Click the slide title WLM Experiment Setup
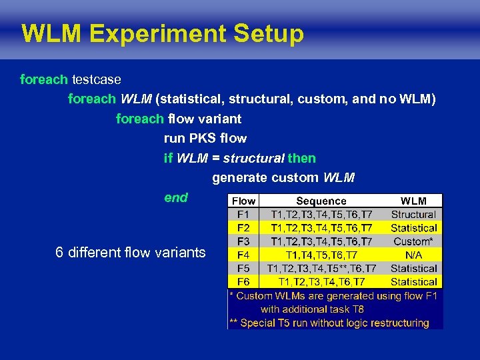pyautogui.click(x=162, y=33)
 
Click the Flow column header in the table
pyautogui.click(x=243, y=201)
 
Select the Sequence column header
pyautogui.click(x=321, y=201)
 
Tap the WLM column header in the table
pyautogui.click(x=413, y=201)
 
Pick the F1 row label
pyautogui.click(x=243, y=215)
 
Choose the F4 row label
pyautogui.click(x=243, y=255)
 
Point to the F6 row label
pyautogui.click(x=243, y=282)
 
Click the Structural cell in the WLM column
pyautogui.click(x=413, y=215)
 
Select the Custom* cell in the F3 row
pyautogui.click(x=413, y=241)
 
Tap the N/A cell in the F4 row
pyautogui.click(x=413, y=255)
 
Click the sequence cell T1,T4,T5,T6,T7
pyautogui.click(x=321, y=255)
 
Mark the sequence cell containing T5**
pyautogui.click(x=321, y=269)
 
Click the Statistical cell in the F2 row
pyautogui.click(x=413, y=228)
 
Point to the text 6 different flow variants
pyautogui.click(x=131, y=253)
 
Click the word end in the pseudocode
pyautogui.click(x=176, y=197)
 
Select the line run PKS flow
pyautogui.click(x=205, y=139)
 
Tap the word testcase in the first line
pyautogui.click(x=96, y=80)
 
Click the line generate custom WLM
pyautogui.click(x=283, y=178)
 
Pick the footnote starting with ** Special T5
pyautogui.click(x=329, y=323)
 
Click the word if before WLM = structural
pyautogui.click(x=168, y=159)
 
